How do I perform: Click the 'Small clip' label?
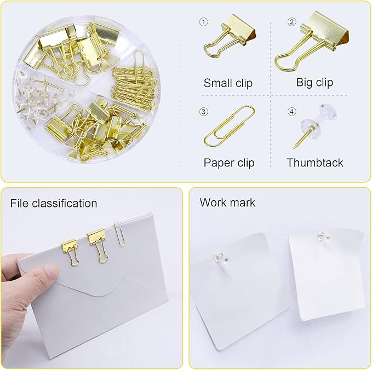pos(228,83)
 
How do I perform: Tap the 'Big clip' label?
pos(314,83)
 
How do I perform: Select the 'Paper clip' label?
pos(229,163)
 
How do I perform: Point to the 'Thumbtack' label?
pos(315,163)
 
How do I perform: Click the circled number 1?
pos(204,22)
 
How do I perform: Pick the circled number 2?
pos(291,22)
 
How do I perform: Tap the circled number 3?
pos(204,112)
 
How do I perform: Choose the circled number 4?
pos(291,112)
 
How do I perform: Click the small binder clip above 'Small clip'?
pos(227,38)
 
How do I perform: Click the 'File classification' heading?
pos(54,204)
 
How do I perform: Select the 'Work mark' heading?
pos(227,203)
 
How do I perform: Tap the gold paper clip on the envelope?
pos(119,234)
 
